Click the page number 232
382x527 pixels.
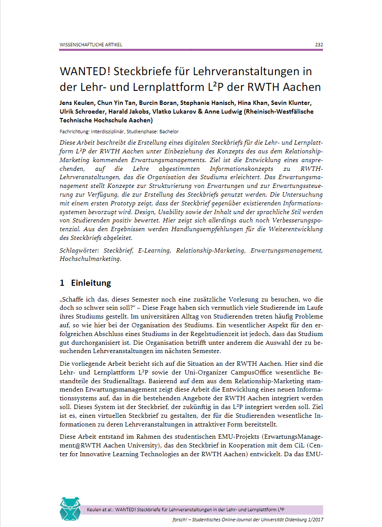point(319,45)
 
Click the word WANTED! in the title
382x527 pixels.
point(90,71)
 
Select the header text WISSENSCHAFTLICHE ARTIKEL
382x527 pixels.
point(91,45)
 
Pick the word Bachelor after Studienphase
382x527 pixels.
point(169,131)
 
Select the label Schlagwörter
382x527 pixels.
point(79,251)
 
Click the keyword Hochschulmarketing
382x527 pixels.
point(90,259)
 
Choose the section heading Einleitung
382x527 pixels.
point(91,283)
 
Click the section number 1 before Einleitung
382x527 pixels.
point(62,283)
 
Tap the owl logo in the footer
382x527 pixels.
point(70,509)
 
